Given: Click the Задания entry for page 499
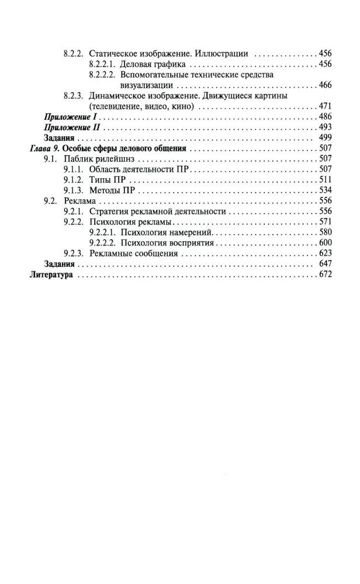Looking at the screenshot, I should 61,138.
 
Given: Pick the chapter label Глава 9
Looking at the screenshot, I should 44,148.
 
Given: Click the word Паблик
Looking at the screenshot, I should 78,159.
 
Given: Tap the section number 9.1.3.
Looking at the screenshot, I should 74,190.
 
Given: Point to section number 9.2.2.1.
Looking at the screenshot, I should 103,232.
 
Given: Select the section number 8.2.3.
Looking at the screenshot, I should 74,96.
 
